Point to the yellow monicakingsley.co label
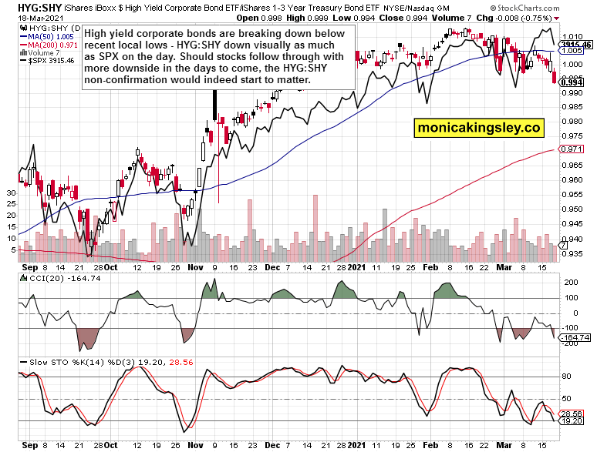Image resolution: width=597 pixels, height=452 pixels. (x=478, y=127)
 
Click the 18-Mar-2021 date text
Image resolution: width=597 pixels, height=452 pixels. (x=25, y=18)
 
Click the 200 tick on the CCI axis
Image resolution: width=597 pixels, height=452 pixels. (x=572, y=283)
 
